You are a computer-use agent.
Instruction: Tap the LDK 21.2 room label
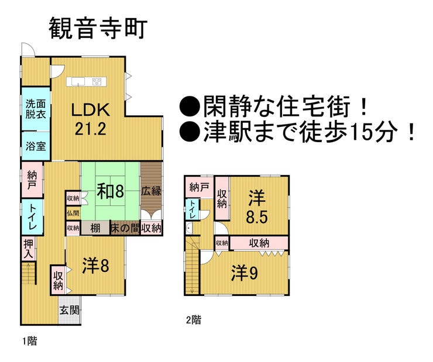click(x=90, y=119)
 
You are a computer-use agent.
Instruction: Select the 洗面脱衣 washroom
click(x=36, y=109)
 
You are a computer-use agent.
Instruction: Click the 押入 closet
click(x=29, y=249)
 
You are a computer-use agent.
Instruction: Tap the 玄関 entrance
click(x=69, y=311)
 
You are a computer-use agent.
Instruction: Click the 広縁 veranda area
click(x=152, y=191)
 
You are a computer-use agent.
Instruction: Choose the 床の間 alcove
click(x=125, y=228)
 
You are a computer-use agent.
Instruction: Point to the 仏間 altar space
click(x=73, y=213)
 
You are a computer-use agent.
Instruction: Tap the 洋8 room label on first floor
click(x=95, y=266)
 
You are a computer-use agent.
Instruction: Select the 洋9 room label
click(x=245, y=273)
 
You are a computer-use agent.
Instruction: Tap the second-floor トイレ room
click(x=191, y=209)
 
